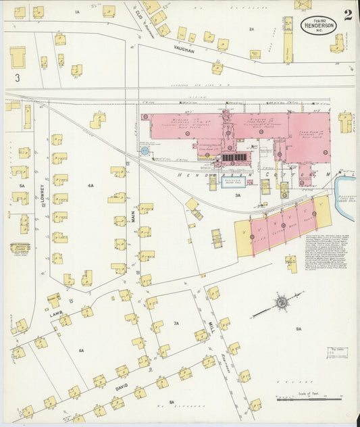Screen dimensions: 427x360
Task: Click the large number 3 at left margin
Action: point(18,79)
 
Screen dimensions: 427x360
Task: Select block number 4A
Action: point(91,185)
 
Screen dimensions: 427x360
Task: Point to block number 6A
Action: point(81,351)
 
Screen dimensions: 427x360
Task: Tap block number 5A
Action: point(22,185)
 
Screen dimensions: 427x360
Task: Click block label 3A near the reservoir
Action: point(237,195)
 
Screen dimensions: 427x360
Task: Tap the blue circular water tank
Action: point(144,151)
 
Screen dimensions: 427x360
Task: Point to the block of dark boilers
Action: point(233,157)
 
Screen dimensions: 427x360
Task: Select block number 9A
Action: point(297,328)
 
